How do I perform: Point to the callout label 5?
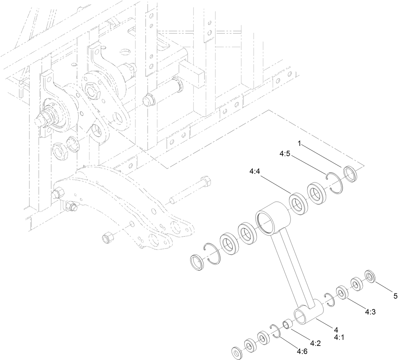[395, 296]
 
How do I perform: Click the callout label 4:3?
[370, 312]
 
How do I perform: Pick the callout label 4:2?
[315, 343]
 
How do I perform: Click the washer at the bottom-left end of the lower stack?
[237, 353]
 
